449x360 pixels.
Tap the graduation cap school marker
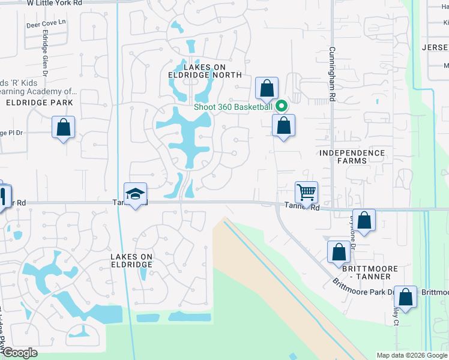coord(135,194)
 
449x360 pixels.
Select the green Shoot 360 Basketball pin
coord(280,107)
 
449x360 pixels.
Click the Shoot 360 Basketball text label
coord(233,107)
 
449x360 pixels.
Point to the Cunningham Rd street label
coord(331,74)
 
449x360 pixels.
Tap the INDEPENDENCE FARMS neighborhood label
coord(352,157)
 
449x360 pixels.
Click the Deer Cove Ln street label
coord(46,26)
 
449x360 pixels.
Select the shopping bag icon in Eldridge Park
coord(63,127)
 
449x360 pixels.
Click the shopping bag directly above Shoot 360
coord(266,89)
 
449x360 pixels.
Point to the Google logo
coord(20,353)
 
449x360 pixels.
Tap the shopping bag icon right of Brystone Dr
coord(364,220)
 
